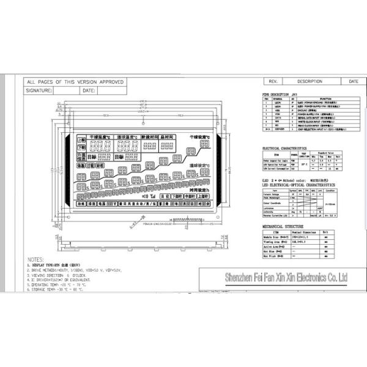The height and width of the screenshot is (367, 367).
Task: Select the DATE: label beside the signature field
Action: point(88,90)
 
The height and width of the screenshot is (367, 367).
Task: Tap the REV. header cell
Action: point(273,81)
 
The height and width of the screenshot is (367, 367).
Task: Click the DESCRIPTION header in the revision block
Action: point(310,81)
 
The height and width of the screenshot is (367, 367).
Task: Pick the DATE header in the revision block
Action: point(353,81)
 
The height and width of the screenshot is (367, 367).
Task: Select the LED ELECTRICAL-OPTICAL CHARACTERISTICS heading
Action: point(298,184)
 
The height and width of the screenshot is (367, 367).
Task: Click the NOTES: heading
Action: point(35,259)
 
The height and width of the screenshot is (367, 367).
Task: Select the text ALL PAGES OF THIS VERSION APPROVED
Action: point(75,81)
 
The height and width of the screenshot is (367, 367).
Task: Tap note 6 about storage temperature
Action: point(59,289)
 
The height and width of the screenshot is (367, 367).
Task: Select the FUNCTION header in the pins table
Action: point(325,98)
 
